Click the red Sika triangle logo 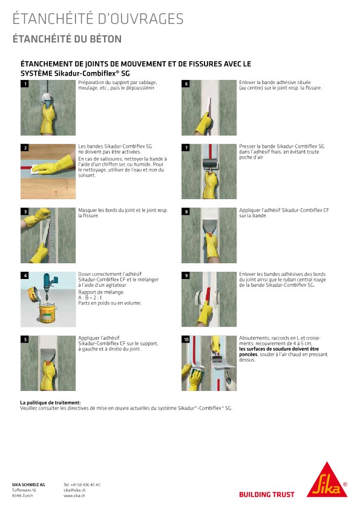(x=327, y=482)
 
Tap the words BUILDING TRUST (x=266, y=494)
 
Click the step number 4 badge (x=25, y=275)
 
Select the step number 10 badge (x=186, y=340)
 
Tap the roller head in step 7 (x=210, y=163)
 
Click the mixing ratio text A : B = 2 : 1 (x=90, y=297)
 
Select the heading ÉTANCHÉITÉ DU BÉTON (x=67, y=39)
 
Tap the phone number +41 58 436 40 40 (x=82, y=485)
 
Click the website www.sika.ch (x=74, y=496)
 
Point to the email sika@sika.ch (x=74, y=490)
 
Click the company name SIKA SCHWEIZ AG (x=28, y=485)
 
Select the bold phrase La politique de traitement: (x=50, y=402)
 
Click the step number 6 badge (x=186, y=84)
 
